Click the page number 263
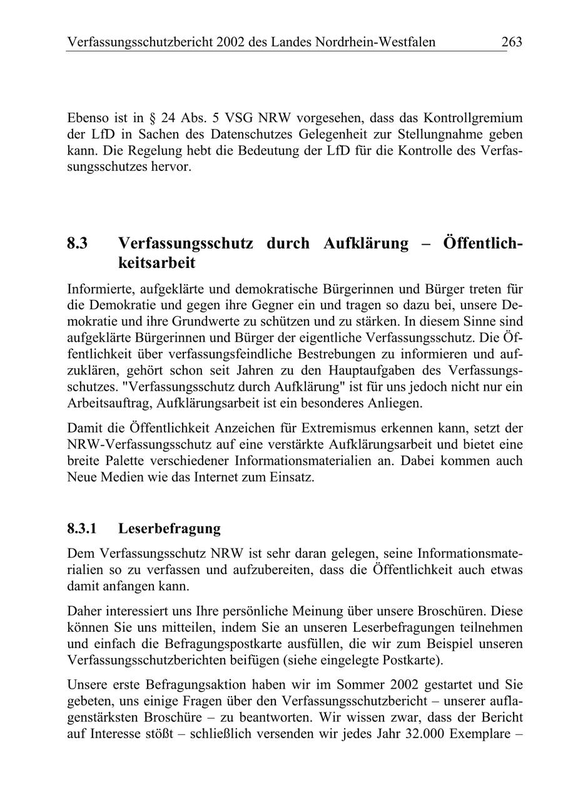511,42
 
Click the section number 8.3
77,244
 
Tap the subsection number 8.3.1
82,528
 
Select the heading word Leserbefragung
169,528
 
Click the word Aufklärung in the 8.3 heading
365,244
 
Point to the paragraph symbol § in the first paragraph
152,118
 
